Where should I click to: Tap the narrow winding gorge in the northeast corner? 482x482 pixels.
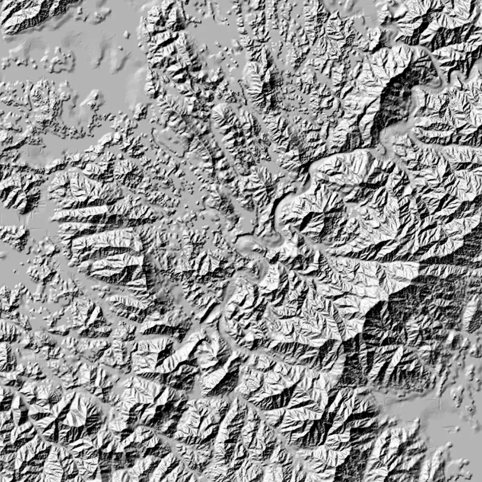coord(438,64)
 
